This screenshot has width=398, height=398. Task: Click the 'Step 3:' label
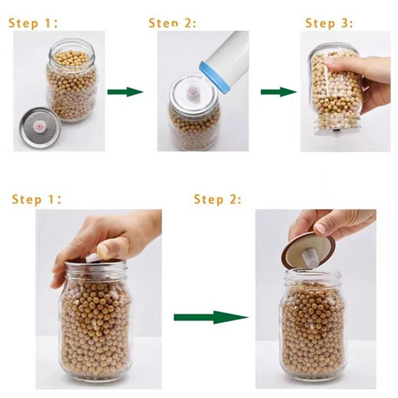[329, 23]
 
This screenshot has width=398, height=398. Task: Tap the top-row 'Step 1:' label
[33, 23]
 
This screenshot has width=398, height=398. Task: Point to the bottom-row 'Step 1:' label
[36, 199]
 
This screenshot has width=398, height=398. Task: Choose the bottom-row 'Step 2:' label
[217, 199]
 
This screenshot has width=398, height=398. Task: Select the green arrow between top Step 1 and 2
[125, 92]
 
